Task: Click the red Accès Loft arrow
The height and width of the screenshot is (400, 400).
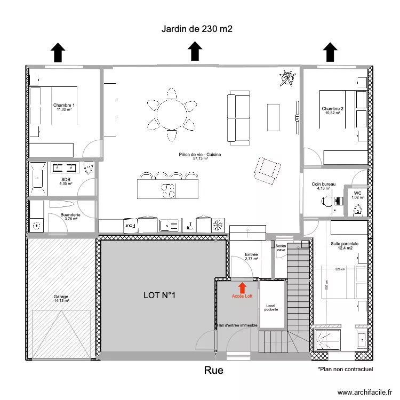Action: click(242, 287)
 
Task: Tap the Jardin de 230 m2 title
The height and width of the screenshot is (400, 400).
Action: click(197, 29)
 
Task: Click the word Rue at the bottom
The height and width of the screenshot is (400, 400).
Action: click(213, 370)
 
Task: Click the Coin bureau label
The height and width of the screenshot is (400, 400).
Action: click(324, 184)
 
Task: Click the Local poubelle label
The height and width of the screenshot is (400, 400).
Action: click(271, 308)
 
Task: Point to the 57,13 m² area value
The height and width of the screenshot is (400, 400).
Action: click(200, 158)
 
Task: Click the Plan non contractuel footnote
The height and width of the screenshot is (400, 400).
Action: click(345, 369)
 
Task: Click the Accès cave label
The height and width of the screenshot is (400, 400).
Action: click(281, 247)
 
